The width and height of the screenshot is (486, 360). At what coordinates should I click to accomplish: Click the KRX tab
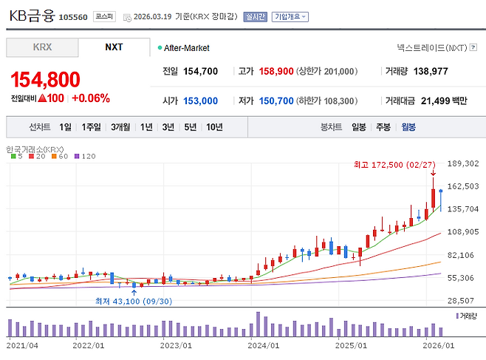tap(42, 47)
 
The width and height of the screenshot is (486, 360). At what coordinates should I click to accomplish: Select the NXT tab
tap(114, 47)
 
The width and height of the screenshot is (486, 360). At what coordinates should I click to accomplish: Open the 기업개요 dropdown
tap(290, 16)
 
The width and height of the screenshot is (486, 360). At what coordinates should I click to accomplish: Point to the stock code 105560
tap(73, 16)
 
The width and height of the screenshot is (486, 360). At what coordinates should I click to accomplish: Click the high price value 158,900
tap(276, 72)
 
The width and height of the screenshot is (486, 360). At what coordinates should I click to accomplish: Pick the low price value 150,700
tap(276, 101)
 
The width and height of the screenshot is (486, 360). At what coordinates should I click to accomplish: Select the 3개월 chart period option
tap(120, 127)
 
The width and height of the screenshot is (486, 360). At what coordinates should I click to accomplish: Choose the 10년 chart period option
tap(214, 127)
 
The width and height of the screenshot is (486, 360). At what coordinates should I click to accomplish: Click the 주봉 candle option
tap(383, 127)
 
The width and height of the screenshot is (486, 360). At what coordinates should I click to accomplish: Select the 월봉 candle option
tap(408, 127)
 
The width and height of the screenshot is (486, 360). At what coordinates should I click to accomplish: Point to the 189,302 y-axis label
tap(464, 164)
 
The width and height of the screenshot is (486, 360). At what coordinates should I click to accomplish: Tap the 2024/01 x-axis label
tap(264, 344)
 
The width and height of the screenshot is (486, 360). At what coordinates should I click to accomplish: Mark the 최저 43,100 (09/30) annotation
tap(134, 301)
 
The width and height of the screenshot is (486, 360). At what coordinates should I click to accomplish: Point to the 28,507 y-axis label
tap(464, 301)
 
